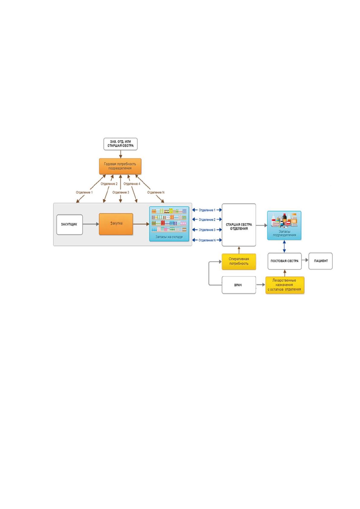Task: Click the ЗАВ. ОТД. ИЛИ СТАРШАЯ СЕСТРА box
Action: click(x=121, y=144)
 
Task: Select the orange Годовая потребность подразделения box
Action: click(x=120, y=166)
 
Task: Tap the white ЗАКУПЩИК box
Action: click(x=70, y=225)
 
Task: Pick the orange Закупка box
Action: click(x=116, y=224)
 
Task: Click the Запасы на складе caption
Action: click(x=169, y=237)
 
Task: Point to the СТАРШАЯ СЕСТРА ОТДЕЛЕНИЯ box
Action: click(x=239, y=225)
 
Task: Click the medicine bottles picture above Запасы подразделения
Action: click(x=284, y=220)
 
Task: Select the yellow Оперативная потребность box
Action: click(x=239, y=261)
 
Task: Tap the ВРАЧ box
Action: click(x=239, y=285)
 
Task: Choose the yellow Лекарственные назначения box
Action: click(x=285, y=285)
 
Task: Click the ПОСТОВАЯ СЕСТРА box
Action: click(x=284, y=261)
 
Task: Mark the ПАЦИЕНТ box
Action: click(x=320, y=261)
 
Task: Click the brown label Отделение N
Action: click(x=156, y=192)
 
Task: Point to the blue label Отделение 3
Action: click(x=207, y=230)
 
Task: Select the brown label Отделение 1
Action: click(x=84, y=192)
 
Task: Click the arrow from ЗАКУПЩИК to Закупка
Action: click(x=91, y=224)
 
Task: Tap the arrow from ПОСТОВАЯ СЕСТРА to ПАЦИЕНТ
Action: click(x=305, y=260)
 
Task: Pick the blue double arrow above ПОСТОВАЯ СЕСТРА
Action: click(x=284, y=246)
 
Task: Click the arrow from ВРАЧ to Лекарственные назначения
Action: click(x=261, y=284)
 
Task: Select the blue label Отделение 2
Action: click(x=207, y=219)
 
